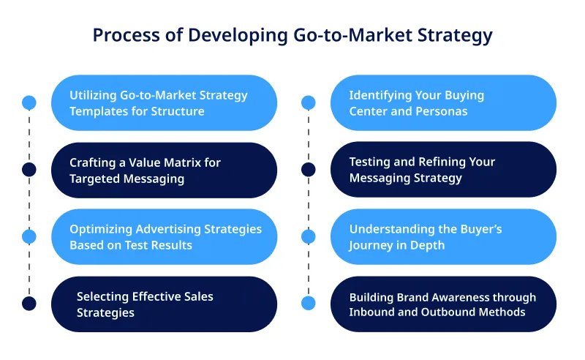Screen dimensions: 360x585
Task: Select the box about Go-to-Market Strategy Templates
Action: coord(164,103)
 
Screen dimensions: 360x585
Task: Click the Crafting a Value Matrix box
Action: coord(164,170)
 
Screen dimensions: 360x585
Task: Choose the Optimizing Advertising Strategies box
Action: coord(164,236)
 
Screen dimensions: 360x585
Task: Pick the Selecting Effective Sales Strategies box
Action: coord(164,304)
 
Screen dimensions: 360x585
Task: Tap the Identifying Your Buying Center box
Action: coord(443,103)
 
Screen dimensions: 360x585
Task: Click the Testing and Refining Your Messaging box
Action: coord(443,170)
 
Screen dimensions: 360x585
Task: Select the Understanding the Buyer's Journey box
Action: coord(443,236)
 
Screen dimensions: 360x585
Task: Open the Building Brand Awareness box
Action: coord(443,304)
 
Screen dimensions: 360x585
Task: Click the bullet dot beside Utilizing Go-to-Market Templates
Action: coord(29,102)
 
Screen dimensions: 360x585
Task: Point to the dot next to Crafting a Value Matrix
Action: coord(29,170)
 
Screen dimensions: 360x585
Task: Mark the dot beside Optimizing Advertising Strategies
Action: coord(29,236)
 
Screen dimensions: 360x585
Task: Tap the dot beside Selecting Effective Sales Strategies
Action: coord(29,304)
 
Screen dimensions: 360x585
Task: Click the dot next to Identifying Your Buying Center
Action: coord(309,102)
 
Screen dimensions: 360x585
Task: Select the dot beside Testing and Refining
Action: coord(309,170)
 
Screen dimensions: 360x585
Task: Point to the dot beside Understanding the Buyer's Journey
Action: coord(309,236)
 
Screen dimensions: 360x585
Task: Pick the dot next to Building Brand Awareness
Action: coord(309,304)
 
